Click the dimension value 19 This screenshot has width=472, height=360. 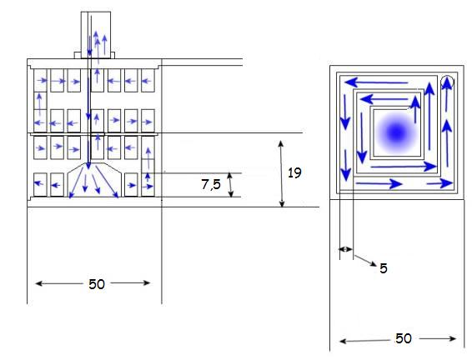294,173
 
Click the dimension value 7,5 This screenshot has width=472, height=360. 211,184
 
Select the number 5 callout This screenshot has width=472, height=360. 384,268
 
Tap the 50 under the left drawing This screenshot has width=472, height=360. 97,284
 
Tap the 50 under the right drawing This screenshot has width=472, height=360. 404,338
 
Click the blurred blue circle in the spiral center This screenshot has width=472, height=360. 396,132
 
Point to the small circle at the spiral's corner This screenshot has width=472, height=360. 447,82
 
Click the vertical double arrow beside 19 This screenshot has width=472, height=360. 282,174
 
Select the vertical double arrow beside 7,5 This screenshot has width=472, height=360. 230,185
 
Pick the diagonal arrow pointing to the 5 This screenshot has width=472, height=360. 365,261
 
